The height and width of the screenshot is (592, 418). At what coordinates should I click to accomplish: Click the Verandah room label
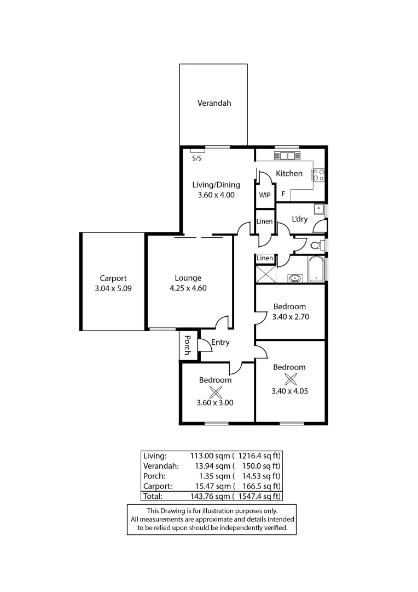click(x=214, y=103)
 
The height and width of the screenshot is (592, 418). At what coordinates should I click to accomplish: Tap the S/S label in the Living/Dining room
click(x=196, y=158)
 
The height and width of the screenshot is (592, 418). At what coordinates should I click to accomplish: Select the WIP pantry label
click(x=265, y=195)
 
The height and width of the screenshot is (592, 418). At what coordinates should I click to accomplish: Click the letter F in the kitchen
click(x=283, y=194)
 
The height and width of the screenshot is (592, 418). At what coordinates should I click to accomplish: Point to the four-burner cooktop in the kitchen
click(x=318, y=175)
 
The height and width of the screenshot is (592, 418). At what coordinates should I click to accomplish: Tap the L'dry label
click(x=299, y=219)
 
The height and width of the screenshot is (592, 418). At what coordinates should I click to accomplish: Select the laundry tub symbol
click(x=318, y=209)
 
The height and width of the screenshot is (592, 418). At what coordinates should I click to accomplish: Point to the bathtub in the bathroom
click(x=316, y=270)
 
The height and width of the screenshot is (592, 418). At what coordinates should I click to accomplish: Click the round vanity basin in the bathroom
click(x=295, y=278)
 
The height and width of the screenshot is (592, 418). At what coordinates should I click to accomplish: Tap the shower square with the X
click(x=265, y=273)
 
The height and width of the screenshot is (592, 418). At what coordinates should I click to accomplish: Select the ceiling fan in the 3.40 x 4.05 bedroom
click(x=290, y=379)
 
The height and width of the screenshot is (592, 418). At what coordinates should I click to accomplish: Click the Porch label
click(x=187, y=345)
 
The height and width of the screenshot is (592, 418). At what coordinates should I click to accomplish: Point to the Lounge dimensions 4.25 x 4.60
click(x=188, y=288)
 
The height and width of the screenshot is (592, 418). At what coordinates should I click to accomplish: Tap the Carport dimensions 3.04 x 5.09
click(x=113, y=288)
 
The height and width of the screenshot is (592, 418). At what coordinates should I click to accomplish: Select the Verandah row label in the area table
click(x=161, y=465)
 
